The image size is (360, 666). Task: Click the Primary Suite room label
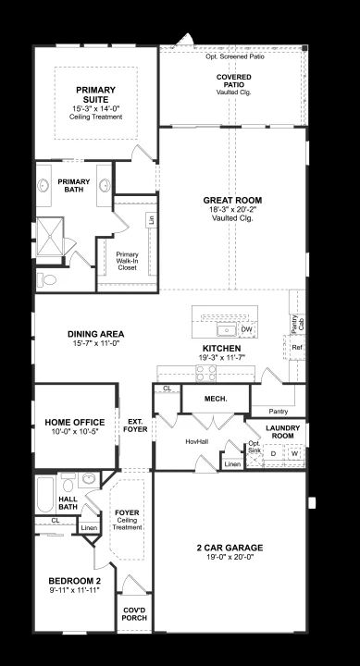pos(95,94)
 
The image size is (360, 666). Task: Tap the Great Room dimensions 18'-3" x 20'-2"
pos(232,209)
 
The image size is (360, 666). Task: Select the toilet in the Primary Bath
pos(47,280)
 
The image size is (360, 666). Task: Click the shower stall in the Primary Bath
pos(50,237)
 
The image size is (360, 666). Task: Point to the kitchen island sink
pos(227,329)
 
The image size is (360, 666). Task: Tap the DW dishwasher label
pos(246,329)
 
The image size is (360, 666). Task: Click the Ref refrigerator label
pos(297,347)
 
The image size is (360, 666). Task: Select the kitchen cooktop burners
pos(205,373)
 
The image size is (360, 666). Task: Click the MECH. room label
pos(216,399)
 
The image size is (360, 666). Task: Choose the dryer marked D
pos(273,453)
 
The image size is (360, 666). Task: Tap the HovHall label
pos(197,442)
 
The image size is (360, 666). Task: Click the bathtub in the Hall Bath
pos(45,494)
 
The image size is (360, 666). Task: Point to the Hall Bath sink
pos(89,480)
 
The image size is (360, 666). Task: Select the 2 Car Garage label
pos(230,548)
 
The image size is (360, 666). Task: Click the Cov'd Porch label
pos(134,614)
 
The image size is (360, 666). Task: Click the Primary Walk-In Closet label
pos(127,261)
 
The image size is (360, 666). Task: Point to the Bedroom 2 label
pos(74,581)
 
